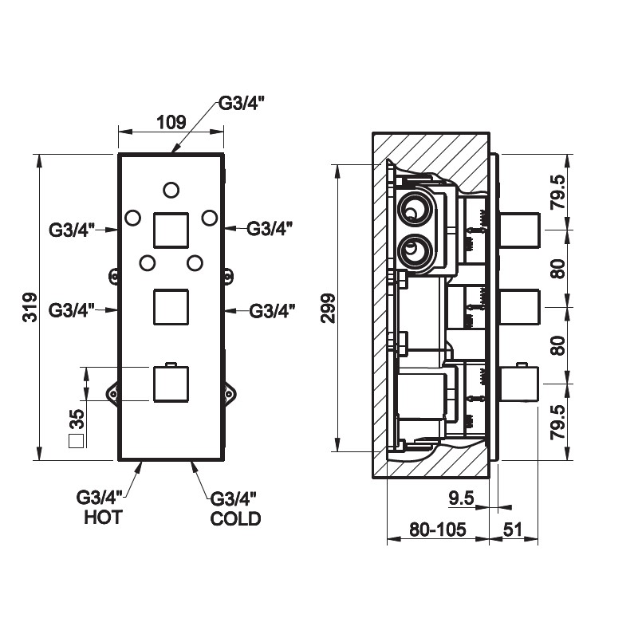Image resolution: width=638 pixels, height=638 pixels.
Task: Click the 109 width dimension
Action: [171, 122]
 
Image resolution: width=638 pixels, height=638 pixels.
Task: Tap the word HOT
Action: [103, 518]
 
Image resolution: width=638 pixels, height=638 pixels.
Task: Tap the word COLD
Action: [234, 519]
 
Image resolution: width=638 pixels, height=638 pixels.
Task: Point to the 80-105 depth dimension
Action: [437, 527]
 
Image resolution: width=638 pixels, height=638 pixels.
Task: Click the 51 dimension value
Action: [514, 527]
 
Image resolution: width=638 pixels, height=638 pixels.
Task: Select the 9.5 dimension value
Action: [462, 498]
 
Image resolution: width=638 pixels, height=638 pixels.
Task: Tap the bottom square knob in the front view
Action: [170, 384]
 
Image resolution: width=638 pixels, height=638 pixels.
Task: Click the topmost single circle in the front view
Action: [171, 189]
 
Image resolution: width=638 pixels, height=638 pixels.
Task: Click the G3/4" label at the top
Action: [242, 104]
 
